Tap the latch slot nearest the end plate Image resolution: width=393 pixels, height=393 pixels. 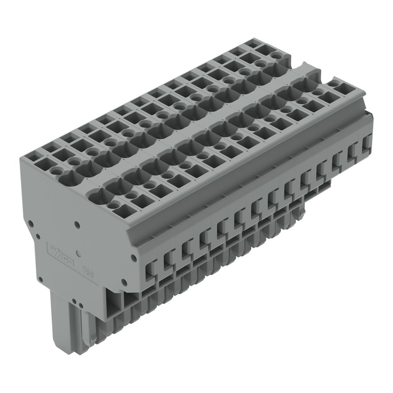151,267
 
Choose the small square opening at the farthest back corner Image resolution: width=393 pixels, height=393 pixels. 253,44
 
